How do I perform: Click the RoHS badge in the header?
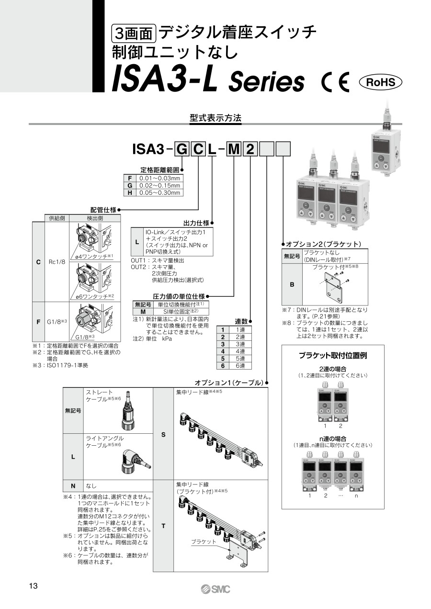(x=381, y=82)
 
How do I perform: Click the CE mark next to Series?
(x=336, y=82)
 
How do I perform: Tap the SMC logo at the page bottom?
(x=215, y=589)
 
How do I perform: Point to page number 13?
(x=33, y=586)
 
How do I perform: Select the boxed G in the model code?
(x=182, y=150)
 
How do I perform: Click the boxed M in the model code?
(x=233, y=150)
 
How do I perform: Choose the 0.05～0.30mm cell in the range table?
(x=160, y=192)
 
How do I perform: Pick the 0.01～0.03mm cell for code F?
(x=160, y=178)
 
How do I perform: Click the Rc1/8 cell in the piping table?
(x=57, y=262)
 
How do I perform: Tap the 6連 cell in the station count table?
(x=240, y=366)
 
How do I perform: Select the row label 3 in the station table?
(x=223, y=344)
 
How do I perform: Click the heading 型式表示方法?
(x=215, y=118)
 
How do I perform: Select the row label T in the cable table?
(x=163, y=526)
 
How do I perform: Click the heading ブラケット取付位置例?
(x=333, y=356)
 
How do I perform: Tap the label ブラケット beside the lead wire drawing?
(x=204, y=542)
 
